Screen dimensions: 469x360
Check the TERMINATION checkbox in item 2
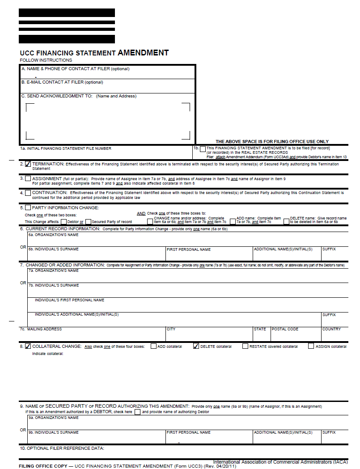click(28, 164)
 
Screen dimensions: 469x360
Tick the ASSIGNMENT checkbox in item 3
click(28, 178)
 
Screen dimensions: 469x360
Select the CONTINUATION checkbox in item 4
click(28, 193)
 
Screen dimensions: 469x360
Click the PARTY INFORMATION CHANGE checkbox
click(28, 207)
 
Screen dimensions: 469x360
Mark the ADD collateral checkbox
click(154, 346)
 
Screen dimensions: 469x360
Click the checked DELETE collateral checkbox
click(196, 346)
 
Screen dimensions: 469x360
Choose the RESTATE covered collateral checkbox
click(245, 346)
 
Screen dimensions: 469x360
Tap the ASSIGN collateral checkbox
click(311, 346)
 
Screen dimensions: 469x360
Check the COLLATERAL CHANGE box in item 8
click(28, 346)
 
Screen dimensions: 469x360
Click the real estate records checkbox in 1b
click(203, 148)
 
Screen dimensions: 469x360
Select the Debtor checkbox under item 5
click(64, 221)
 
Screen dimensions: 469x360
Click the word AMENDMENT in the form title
click(143, 53)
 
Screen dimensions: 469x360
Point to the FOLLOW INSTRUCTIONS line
click(46, 60)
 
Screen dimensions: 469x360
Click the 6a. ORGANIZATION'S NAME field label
click(53, 235)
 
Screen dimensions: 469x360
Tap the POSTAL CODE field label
click(285, 329)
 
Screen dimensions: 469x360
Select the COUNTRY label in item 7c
click(331, 329)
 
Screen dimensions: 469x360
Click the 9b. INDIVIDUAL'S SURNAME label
click(53, 432)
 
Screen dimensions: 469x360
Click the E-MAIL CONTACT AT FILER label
click(63, 82)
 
